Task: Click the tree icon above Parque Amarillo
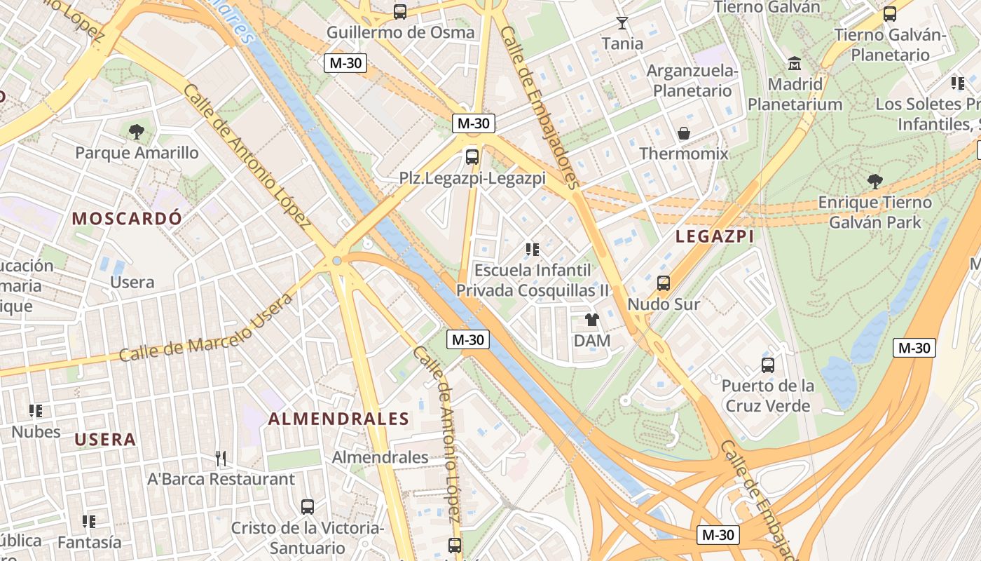tap(137, 131)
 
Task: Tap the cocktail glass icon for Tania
tap(622, 22)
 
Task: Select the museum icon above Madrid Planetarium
tap(795, 64)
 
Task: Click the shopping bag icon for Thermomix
tap(683, 133)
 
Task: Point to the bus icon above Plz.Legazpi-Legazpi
tap(472, 156)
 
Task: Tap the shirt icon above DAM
tap(592, 320)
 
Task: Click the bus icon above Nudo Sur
tap(663, 283)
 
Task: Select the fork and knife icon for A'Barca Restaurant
tap(221, 459)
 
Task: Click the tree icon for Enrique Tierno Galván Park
tap(874, 182)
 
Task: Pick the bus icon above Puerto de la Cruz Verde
tap(768, 365)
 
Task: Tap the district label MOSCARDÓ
tap(127, 218)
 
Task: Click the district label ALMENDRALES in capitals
tap(338, 419)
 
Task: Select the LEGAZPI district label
tap(715, 237)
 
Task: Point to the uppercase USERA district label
tap(105, 440)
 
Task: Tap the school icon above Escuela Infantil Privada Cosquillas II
tap(532, 249)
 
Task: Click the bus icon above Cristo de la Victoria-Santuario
tap(307, 506)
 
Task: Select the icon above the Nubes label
tap(36, 410)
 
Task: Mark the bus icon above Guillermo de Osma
tap(399, 11)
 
